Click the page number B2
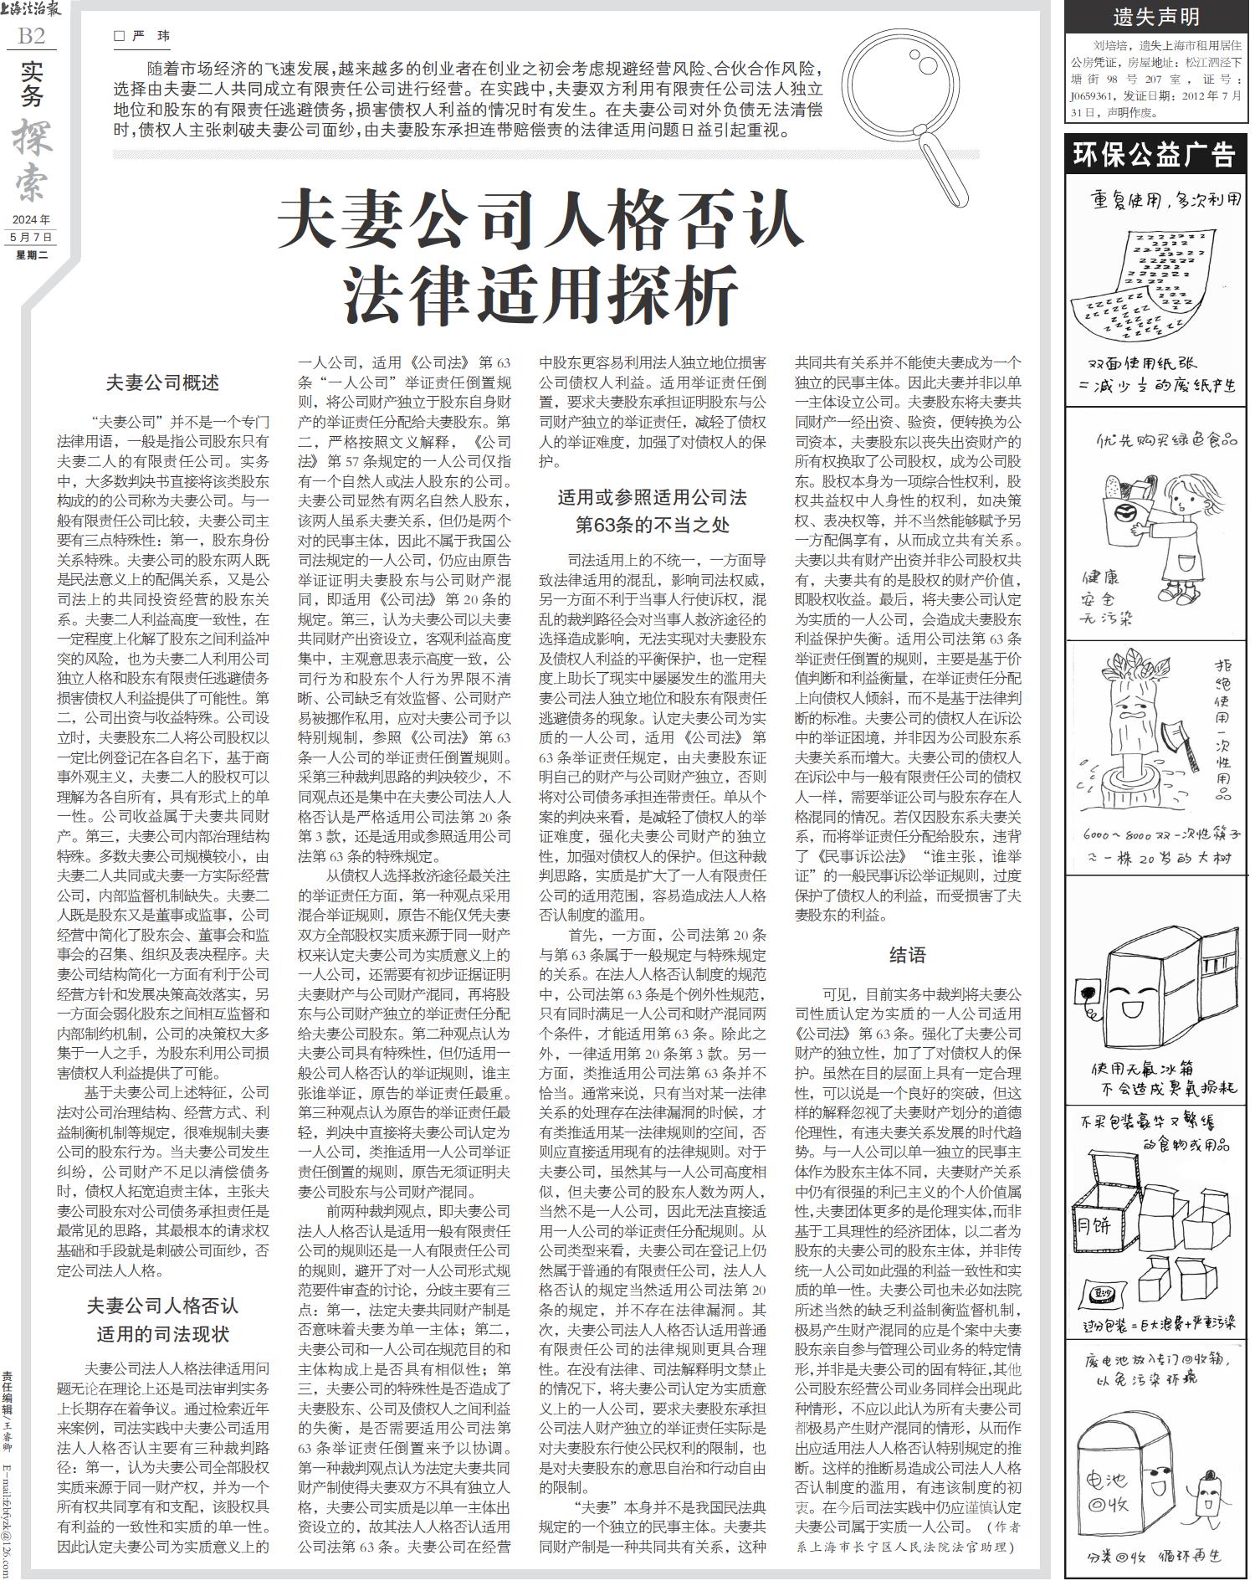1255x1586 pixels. pyautogui.click(x=31, y=36)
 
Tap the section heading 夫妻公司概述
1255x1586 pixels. pyautogui.click(x=162, y=383)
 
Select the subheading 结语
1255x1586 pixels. pyautogui.click(x=907, y=955)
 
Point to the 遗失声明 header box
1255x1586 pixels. pyautogui.click(x=1155, y=16)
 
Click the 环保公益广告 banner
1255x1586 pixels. pyautogui.click(x=1155, y=154)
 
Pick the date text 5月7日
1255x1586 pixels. pyautogui.click(x=32, y=237)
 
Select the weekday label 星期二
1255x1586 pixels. pyautogui.click(x=32, y=254)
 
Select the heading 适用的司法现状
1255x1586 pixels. pyautogui.click(x=162, y=1333)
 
